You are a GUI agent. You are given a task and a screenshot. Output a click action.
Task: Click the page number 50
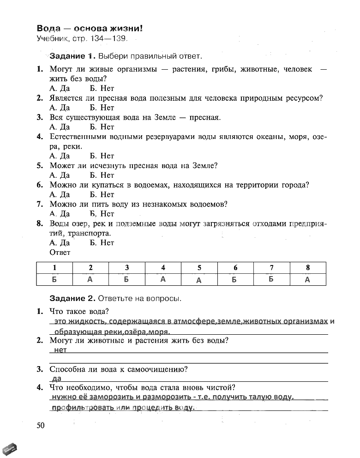point(41,425)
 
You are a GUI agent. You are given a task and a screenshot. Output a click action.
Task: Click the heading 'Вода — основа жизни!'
point(90,29)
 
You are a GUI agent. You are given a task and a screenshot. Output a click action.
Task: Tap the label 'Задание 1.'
point(72,56)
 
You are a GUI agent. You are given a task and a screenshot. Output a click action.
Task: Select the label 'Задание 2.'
point(72,298)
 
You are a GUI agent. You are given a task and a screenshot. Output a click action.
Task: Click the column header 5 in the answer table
point(199,268)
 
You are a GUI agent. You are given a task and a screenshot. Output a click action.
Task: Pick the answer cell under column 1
point(54,279)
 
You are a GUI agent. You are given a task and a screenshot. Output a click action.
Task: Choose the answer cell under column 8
point(307,279)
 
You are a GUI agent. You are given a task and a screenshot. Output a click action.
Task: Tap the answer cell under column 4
point(163,279)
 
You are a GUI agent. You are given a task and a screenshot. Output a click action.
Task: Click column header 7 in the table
point(271,268)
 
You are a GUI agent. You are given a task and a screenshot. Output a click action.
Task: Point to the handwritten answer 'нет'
point(60,350)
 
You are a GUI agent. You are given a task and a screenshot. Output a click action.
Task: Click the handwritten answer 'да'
point(58,379)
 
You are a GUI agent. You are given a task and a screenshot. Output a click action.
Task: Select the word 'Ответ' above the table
point(60,253)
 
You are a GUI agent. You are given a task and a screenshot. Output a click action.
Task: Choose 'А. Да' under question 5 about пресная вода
point(60,175)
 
